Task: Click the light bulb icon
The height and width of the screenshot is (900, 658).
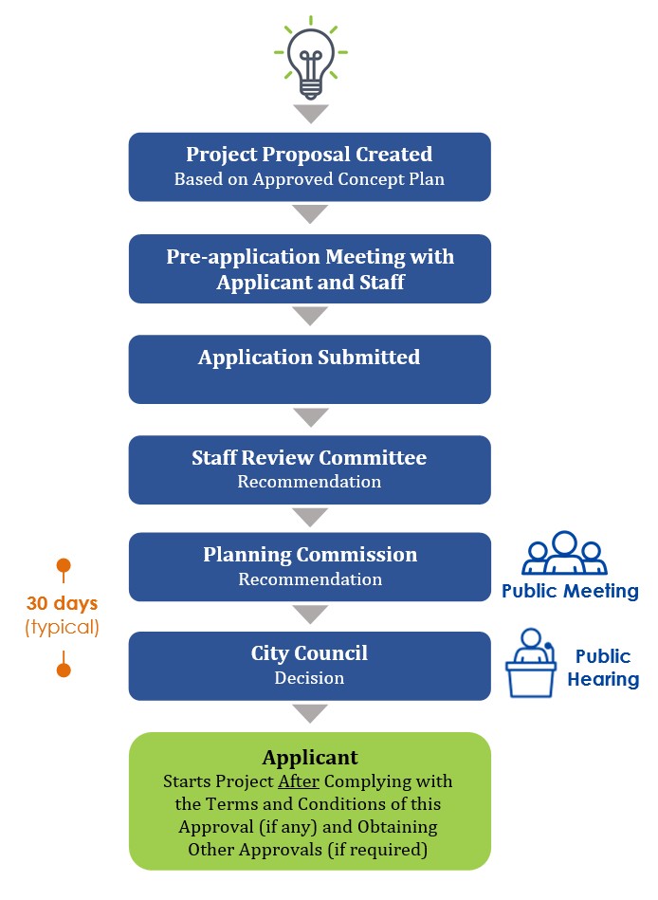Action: (310, 57)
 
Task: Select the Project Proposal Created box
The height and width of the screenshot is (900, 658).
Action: (309, 166)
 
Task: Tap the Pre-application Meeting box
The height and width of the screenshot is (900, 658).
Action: (309, 268)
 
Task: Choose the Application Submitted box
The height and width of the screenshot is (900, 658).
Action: (309, 369)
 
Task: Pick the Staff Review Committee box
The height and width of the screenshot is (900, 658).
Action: (309, 468)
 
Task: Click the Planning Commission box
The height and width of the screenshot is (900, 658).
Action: (309, 566)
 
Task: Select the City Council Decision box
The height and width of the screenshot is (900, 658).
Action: (309, 665)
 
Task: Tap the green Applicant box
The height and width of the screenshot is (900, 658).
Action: (309, 800)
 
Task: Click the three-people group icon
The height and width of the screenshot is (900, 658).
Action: (564, 553)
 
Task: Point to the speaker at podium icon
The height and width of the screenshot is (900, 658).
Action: (531, 663)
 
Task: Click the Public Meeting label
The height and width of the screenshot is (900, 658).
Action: (570, 592)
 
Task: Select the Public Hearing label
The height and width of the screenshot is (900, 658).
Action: (603, 668)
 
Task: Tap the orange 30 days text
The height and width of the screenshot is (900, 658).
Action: (62, 603)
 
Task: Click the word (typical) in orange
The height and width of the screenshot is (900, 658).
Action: (62, 626)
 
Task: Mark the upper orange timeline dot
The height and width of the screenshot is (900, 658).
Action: (64, 566)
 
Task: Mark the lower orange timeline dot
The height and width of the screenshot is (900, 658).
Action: (64, 670)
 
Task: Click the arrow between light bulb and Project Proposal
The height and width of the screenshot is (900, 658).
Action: (310, 114)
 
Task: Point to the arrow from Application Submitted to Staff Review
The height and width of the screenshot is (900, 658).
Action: (310, 417)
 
